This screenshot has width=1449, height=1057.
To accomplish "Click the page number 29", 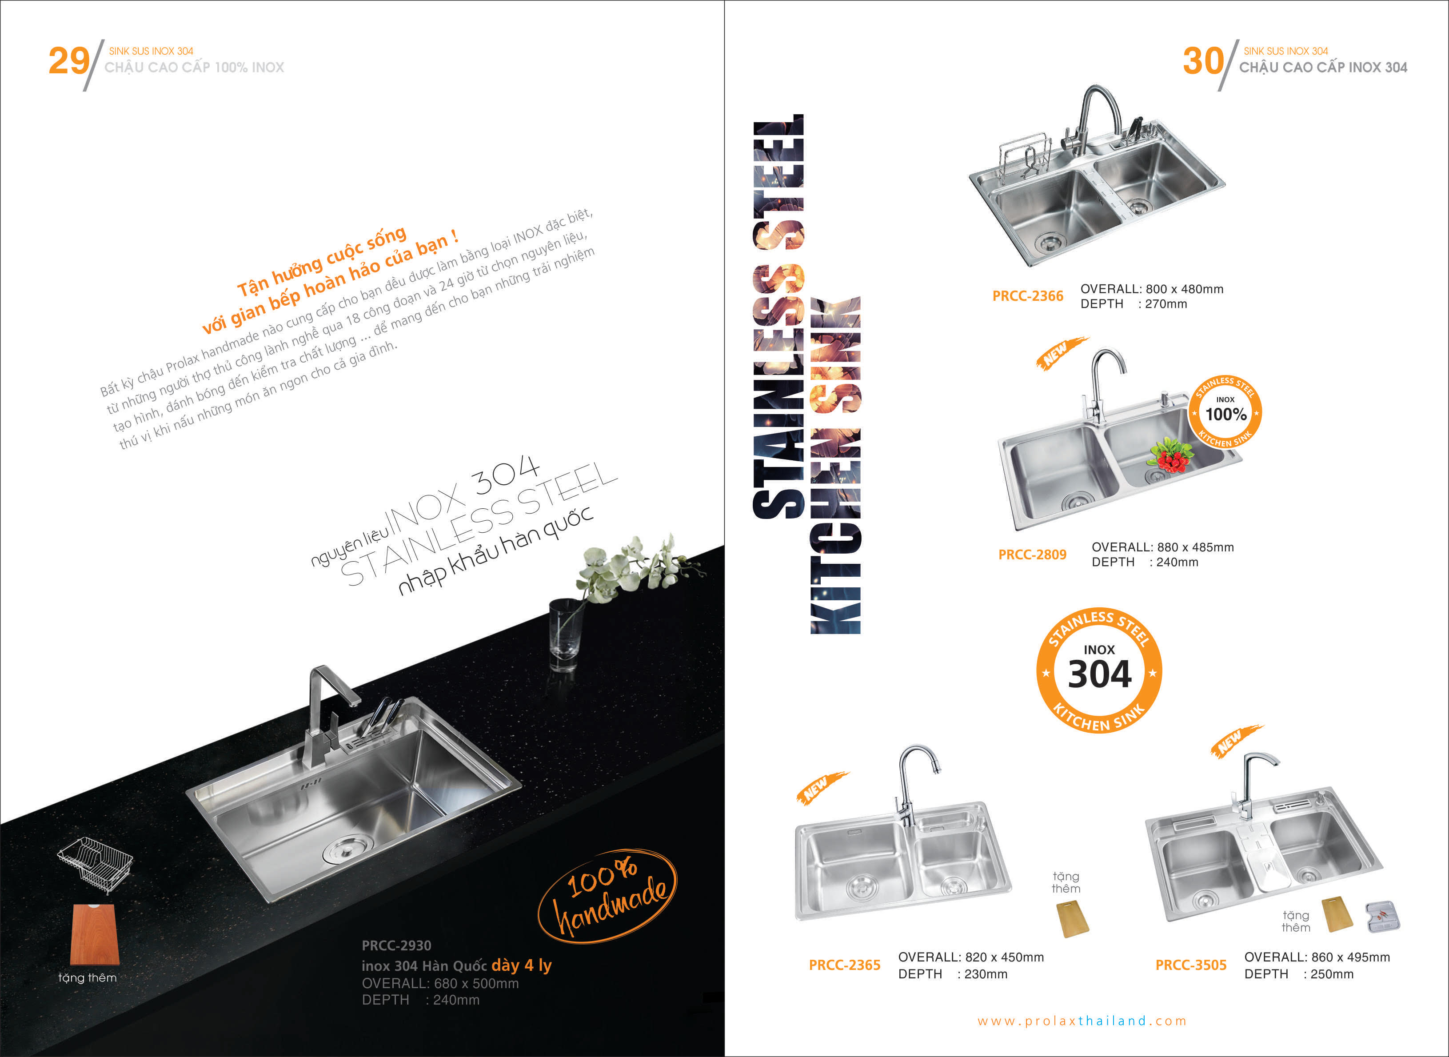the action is [69, 61].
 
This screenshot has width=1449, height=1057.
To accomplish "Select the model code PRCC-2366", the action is [1027, 295].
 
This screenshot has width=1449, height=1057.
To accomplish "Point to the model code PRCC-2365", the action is [844, 965].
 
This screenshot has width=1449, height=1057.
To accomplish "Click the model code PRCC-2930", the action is [397, 945].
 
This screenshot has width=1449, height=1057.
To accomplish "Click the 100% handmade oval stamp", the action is [607, 896].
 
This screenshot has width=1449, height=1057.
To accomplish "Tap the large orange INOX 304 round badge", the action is [1099, 670].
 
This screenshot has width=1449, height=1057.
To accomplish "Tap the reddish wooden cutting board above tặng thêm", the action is [95, 935].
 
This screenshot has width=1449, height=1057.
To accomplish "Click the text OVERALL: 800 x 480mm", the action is [1152, 288].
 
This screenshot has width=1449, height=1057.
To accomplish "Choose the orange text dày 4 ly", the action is [521, 965].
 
